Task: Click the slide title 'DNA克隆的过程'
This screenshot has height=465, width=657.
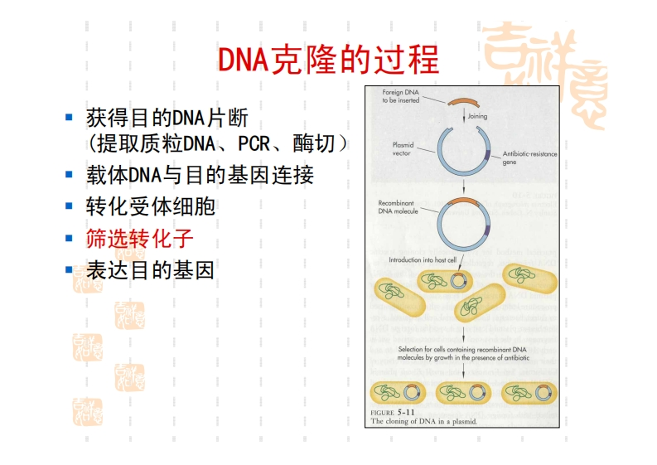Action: coord(328,61)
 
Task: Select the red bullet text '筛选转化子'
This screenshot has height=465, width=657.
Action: coord(139,240)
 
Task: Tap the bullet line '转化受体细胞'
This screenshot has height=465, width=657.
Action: coord(150,206)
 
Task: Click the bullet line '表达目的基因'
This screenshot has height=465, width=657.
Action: coord(150,270)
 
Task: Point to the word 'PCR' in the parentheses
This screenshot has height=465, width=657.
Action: coord(254,144)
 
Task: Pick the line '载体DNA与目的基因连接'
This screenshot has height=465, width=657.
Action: coord(200,176)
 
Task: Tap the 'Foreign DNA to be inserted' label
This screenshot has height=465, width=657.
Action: coord(400,95)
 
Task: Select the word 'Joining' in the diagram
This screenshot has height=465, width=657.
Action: coord(477,116)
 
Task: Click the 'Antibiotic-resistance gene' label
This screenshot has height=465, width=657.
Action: coord(530,157)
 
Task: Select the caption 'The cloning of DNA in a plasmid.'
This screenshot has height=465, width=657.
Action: coord(424,421)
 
